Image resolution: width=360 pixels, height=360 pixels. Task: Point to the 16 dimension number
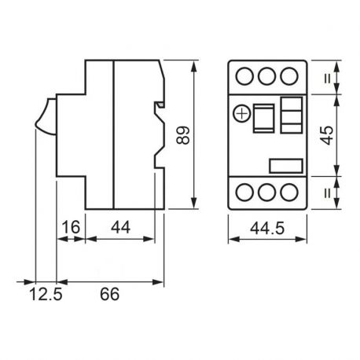[69, 228]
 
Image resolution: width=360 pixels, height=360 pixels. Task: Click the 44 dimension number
[122, 228]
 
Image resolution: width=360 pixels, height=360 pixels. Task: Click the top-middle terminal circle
[266, 76]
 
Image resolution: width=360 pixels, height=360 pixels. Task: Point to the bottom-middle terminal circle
[266, 192]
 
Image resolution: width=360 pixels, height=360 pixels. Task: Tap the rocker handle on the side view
[44, 119]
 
